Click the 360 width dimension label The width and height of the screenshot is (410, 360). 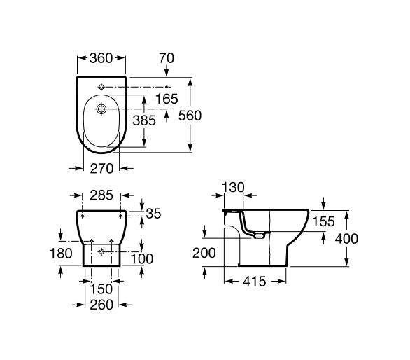(101, 58)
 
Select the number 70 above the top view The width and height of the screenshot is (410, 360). (167, 58)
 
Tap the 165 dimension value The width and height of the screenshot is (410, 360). (167, 99)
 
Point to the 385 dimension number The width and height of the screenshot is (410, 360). (144, 120)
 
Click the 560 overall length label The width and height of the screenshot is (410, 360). (190, 116)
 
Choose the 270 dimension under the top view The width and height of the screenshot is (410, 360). (101, 168)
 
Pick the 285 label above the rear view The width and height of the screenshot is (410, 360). (101, 195)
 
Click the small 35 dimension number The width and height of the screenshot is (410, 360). (153, 214)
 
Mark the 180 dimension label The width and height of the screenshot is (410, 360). (61, 254)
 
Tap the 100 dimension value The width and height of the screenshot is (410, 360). (142, 259)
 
